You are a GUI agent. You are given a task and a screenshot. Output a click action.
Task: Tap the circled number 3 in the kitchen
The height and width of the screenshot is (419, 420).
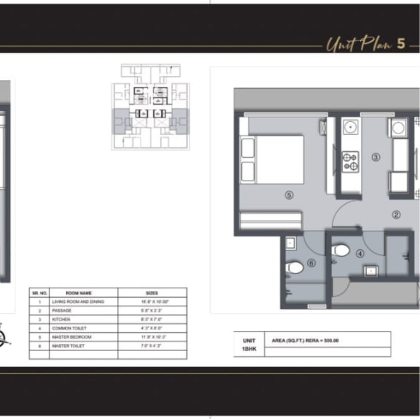(x=376, y=157)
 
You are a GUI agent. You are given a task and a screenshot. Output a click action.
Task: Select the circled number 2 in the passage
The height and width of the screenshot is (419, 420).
(x=396, y=215)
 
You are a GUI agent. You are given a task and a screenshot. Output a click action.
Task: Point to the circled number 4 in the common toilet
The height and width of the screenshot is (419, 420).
(x=360, y=254)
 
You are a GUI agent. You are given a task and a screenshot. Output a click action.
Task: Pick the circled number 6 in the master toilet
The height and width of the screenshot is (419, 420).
(x=311, y=264)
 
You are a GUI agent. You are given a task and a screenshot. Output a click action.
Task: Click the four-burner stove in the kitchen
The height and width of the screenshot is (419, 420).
(x=350, y=161)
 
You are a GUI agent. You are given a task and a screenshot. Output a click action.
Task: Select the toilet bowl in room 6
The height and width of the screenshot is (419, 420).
(x=295, y=268)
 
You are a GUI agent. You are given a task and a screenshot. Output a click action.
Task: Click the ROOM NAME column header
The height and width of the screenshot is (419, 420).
(x=78, y=293)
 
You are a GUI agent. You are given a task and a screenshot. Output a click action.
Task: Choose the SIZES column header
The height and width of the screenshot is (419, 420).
(x=152, y=293)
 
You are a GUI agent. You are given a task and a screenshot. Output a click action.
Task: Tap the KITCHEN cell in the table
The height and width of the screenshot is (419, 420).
(x=61, y=320)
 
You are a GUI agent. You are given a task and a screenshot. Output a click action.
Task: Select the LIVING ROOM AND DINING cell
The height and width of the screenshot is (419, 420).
(x=77, y=302)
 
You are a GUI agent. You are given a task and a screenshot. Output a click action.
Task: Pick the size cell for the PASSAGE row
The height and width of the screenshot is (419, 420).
(x=152, y=311)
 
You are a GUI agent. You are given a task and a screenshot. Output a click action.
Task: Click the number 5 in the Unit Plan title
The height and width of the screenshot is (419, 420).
(x=401, y=44)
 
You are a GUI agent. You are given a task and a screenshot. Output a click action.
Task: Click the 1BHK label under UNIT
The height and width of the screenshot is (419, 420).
(x=249, y=349)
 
